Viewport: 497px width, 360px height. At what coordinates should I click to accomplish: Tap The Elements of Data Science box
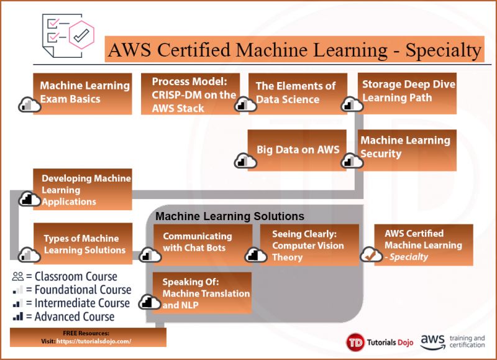(x=298, y=93)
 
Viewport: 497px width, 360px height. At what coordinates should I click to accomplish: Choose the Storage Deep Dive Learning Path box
(x=408, y=92)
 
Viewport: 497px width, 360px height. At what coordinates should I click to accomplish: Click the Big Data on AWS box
(x=297, y=150)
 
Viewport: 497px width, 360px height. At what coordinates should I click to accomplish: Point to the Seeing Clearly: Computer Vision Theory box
(x=307, y=245)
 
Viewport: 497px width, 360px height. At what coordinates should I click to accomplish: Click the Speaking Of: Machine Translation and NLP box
(x=203, y=293)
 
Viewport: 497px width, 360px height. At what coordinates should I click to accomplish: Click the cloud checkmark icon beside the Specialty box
(x=372, y=254)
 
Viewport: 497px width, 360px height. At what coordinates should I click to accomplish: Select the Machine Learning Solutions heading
(x=229, y=216)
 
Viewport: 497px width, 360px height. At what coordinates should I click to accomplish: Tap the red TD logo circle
(x=355, y=342)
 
